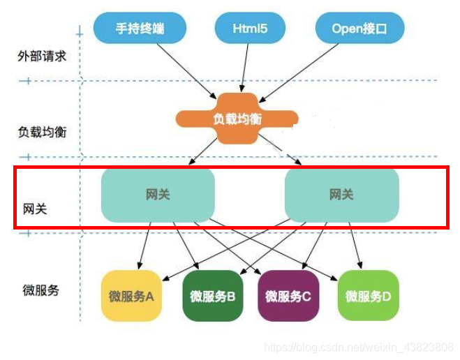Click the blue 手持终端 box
coord(141,29)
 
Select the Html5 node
coord(250,29)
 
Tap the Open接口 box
coord(359,29)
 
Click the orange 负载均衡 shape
coord(237,119)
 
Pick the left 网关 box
coord(158,195)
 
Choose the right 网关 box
coord(341,195)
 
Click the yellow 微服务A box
coord(131,296)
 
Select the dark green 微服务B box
coord(212,296)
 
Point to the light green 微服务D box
coord(368,296)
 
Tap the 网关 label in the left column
coord(35,208)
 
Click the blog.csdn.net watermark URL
coord(359,347)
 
